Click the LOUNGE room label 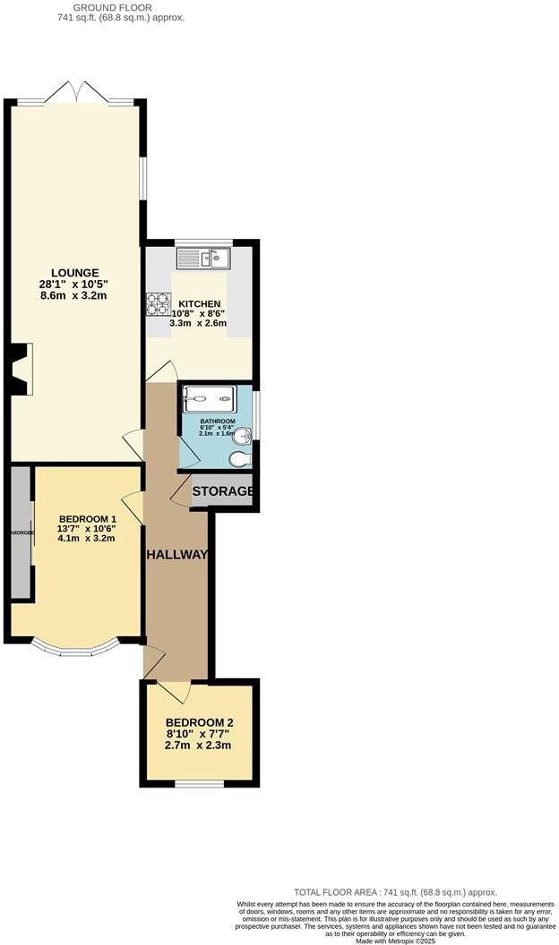[x=74, y=273]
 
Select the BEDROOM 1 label [x=87, y=519]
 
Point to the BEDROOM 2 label [x=199, y=723]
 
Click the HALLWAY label [x=177, y=555]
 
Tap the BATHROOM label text [x=217, y=421]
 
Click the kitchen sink [x=215, y=259]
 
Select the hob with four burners [x=158, y=304]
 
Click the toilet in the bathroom [x=240, y=458]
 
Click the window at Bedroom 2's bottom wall [x=199, y=785]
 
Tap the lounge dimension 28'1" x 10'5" [x=74, y=285]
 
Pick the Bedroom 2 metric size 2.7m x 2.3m [x=199, y=745]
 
